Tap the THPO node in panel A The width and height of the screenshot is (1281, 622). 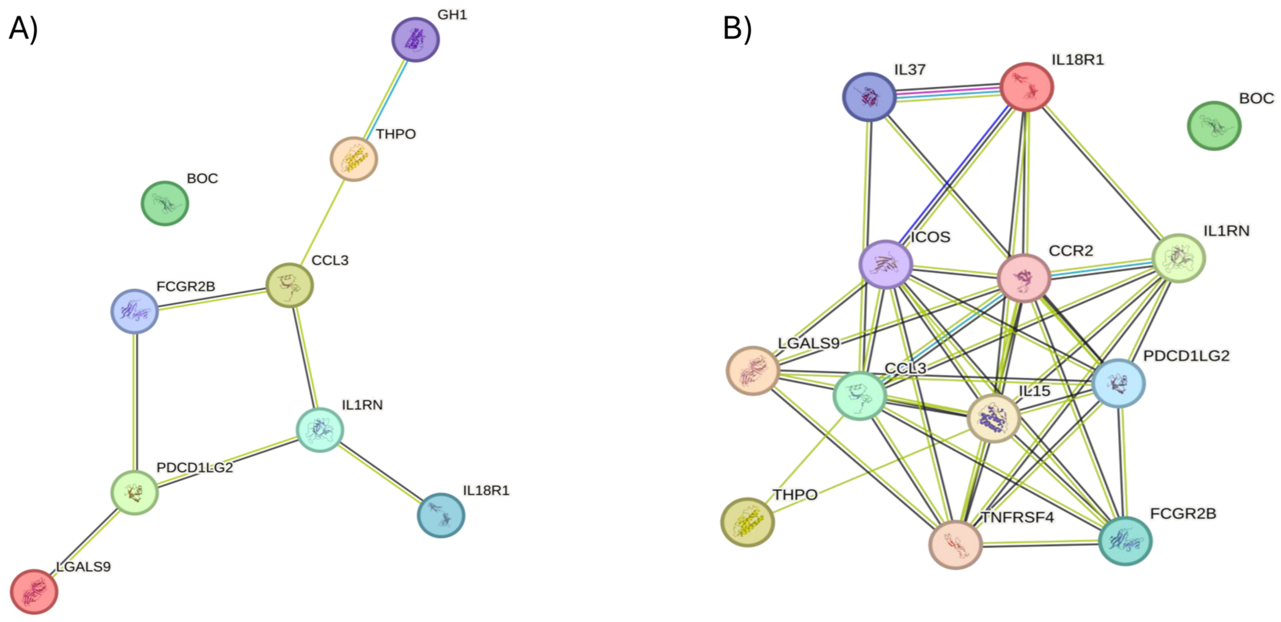[354, 159]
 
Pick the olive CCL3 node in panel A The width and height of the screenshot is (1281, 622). [290, 285]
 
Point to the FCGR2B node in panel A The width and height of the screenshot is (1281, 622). [134, 311]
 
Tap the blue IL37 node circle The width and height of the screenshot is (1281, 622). [869, 97]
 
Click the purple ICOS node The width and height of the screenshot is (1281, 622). [886, 264]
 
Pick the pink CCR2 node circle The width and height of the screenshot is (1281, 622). [1024, 278]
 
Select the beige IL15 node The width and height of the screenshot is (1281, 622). [994, 418]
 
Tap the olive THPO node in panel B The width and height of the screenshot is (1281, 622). [747, 522]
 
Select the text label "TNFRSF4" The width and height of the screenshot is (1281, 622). [1017, 518]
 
